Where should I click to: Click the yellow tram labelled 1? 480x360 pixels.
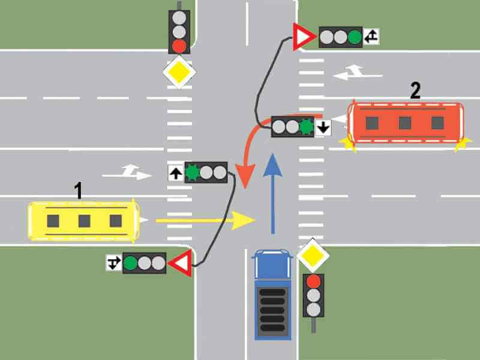click(83, 221)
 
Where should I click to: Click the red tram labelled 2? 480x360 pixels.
click(406, 123)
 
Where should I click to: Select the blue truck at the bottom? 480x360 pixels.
click(272, 295)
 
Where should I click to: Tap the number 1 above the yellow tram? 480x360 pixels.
click(79, 190)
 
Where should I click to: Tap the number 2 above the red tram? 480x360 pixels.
click(415, 91)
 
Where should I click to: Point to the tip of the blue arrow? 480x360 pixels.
click(272, 154)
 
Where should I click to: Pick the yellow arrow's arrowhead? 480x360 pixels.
click(244, 220)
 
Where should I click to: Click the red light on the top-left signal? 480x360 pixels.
click(179, 46)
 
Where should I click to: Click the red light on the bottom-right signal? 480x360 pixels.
click(313, 281)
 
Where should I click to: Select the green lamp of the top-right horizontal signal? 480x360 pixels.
click(355, 37)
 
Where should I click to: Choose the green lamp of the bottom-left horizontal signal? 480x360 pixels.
click(131, 263)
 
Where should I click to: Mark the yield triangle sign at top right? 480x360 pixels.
click(303, 37)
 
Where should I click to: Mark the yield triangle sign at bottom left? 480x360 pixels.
click(182, 263)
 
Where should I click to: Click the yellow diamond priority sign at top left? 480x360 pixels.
click(179, 72)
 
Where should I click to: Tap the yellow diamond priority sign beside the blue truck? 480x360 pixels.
click(313, 256)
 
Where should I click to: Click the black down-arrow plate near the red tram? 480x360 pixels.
click(323, 127)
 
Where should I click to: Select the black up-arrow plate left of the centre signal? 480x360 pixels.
click(176, 173)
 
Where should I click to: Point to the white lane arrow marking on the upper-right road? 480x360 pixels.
click(357, 72)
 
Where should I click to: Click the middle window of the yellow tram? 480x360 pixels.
click(85, 221)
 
